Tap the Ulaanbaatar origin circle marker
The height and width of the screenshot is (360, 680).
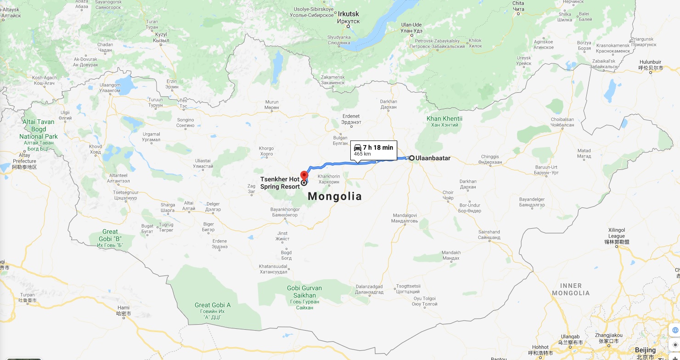pos(412,158)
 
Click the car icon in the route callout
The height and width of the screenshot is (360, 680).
pos(357,147)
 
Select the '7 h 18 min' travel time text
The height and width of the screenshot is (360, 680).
pos(378,147)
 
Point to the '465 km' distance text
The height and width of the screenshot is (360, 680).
pos(362,154)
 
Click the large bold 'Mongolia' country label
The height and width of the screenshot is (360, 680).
pos(335,197)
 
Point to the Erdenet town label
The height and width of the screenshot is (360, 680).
pos(351,119)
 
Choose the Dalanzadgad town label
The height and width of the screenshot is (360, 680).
pos(369,289)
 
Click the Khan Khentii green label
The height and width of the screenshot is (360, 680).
pos(444,122)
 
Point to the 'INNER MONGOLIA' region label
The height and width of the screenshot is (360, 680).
pos(571,289)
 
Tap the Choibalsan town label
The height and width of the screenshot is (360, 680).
pos(562,122)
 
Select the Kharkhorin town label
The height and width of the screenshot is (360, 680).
pos(328,179)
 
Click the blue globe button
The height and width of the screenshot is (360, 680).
pos(675,330)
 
